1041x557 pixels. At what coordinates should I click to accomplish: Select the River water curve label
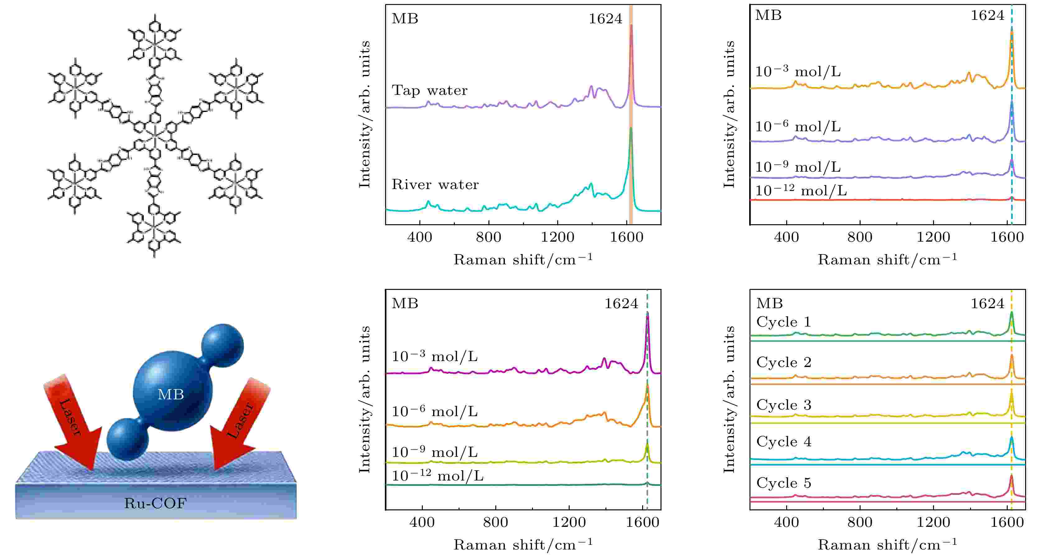435,185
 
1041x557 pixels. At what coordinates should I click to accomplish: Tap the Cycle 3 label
784,405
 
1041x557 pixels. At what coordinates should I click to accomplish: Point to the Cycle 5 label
784,483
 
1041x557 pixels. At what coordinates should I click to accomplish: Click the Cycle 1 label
784,322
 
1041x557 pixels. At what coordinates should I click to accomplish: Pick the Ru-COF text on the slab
155,503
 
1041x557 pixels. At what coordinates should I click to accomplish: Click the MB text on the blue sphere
170,394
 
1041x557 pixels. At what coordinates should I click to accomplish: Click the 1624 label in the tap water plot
605,19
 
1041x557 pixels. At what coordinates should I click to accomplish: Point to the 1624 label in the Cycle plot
987,303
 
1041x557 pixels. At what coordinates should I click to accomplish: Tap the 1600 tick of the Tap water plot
626,237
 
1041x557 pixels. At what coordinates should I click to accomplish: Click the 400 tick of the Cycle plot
787,522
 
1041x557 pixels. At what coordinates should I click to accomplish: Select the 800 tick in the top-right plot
860,237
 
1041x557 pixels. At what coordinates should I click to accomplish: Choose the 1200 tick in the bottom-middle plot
569,522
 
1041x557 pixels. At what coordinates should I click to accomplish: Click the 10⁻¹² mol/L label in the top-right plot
801,191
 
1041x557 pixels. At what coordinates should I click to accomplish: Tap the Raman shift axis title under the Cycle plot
887,545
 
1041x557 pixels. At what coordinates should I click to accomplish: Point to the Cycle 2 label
784,362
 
